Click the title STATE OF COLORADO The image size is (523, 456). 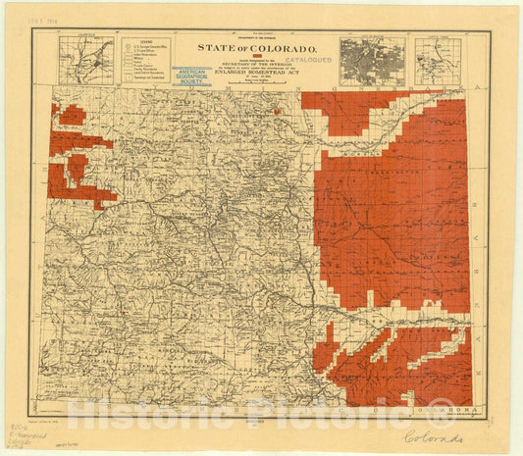click(x=257, y=47)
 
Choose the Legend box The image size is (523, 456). click(x=145, y=61)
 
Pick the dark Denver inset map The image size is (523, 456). click(x=372, y=61)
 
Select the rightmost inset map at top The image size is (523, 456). click(x=438, y=61)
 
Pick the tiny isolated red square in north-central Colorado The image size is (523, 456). click(x=278, y=112)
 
